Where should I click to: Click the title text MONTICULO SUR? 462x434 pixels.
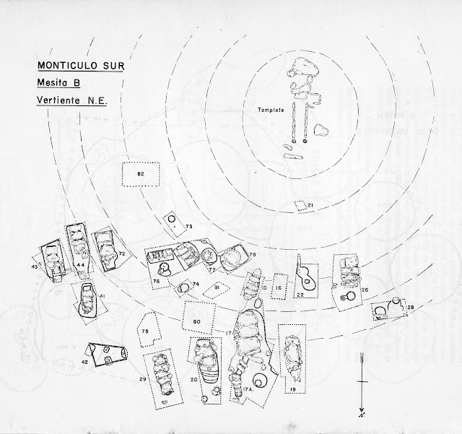(x=79, y=66)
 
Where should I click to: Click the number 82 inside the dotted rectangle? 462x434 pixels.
(x=141, y=175)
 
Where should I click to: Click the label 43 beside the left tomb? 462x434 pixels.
(x=34, y=267)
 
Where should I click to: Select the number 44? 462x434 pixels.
(x=82, y=266)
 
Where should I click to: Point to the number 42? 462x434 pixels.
(x=84, y=361)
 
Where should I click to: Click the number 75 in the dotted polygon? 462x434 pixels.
(x=145, y=331)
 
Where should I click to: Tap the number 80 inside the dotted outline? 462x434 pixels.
(x=196, y=321)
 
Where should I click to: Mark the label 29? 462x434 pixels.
(x=143, y=379)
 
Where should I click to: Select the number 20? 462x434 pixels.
(x=194, y=379)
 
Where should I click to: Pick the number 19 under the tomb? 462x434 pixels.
(x=294, y=389)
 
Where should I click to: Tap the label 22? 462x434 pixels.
(x=300, y=295)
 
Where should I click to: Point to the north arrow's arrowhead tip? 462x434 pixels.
(x=362, y=409)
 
